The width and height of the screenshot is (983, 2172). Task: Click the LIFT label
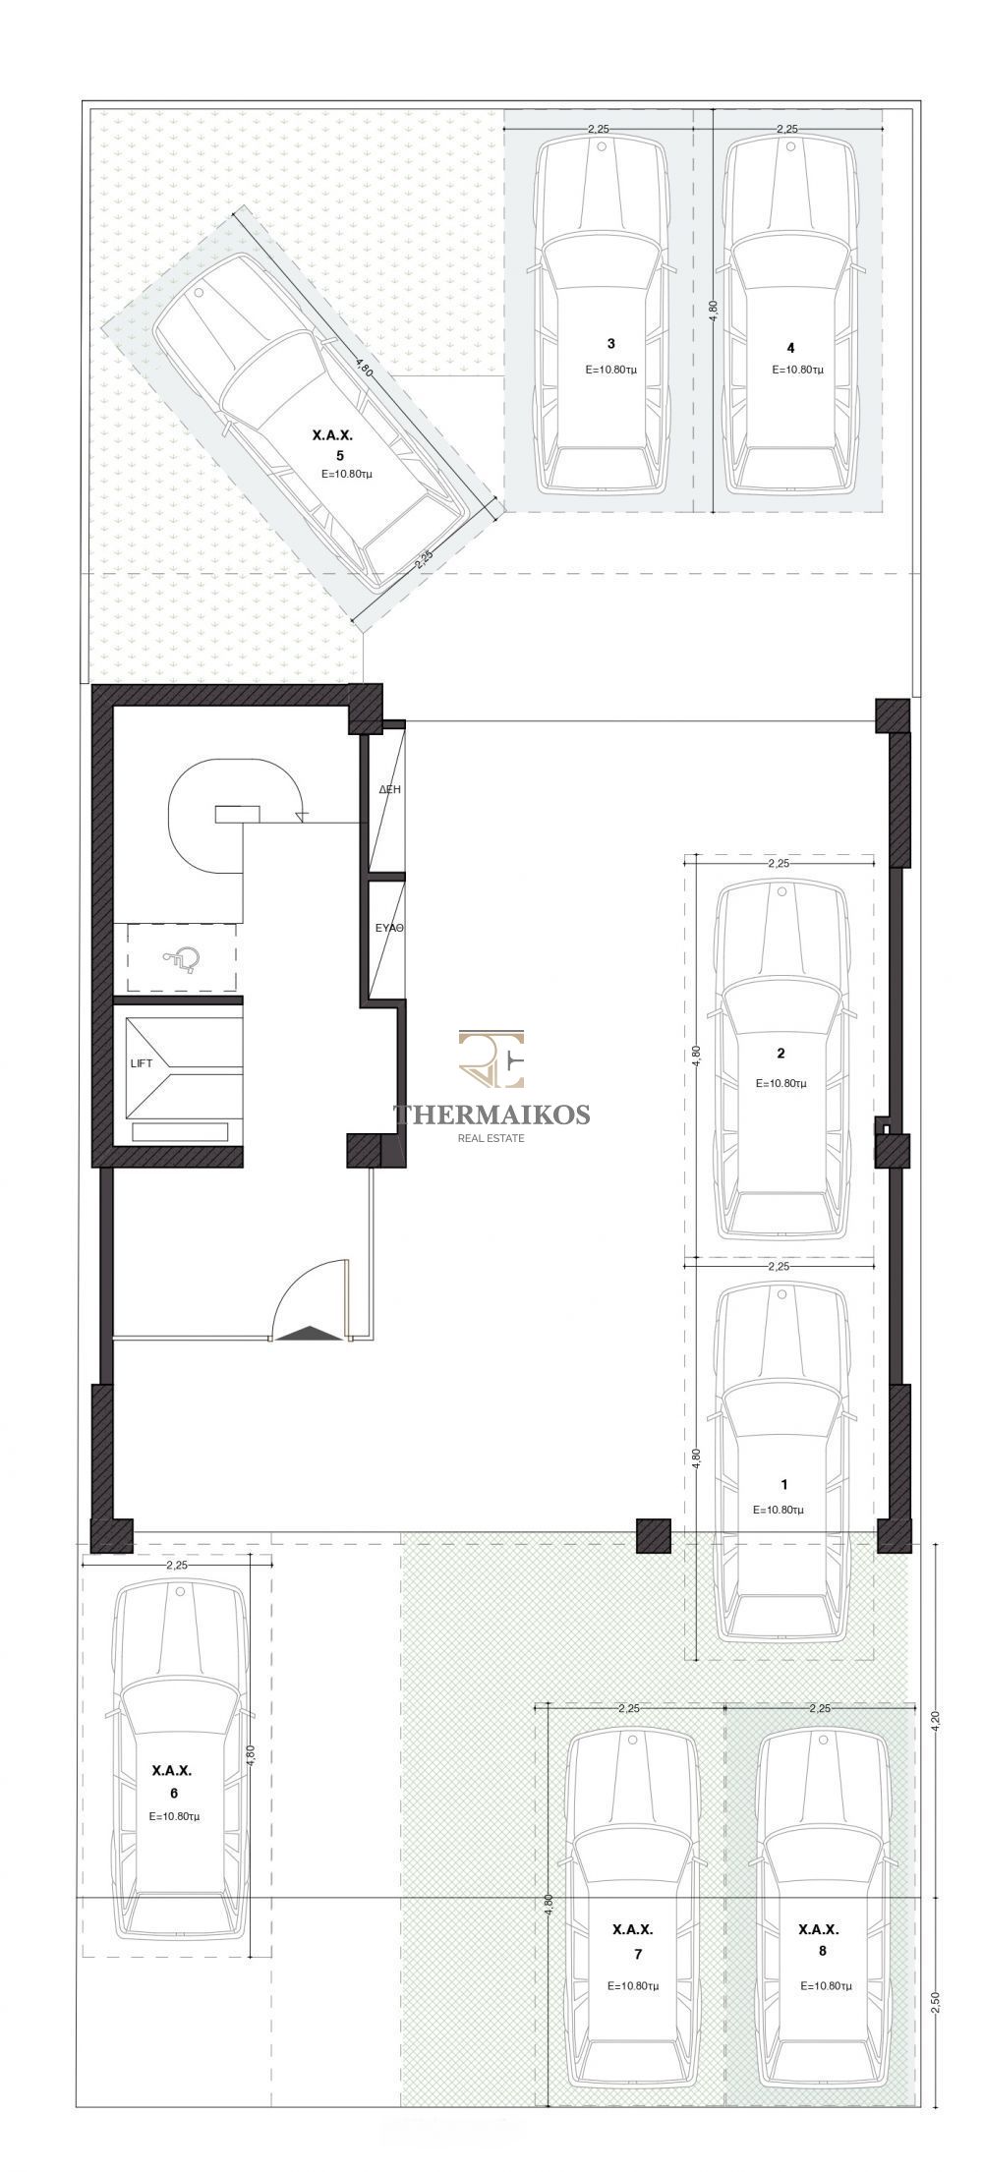click(x=142, y=1063)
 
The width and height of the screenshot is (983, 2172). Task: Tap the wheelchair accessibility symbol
click(x=183, y=956)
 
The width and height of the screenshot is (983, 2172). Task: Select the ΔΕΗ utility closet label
click(x=389, y=789)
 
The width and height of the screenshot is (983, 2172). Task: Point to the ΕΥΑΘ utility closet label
click(x=390, y=927)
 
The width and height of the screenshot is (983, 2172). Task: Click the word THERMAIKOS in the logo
click(x=491, y=1114)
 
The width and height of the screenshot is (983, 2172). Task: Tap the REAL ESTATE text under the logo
click(x=491, y=1138)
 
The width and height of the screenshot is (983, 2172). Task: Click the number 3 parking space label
click(x=611, y=343)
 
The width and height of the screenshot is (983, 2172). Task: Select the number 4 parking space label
click(x=790, y=348)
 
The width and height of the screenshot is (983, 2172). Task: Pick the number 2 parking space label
click(x=781, y=1054)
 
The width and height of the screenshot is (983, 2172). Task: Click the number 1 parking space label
click(x=783, y=1485)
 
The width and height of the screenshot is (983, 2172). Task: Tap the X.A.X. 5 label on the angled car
click(x=332, y=443)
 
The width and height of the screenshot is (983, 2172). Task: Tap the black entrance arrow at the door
click(x=310, y=1333)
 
